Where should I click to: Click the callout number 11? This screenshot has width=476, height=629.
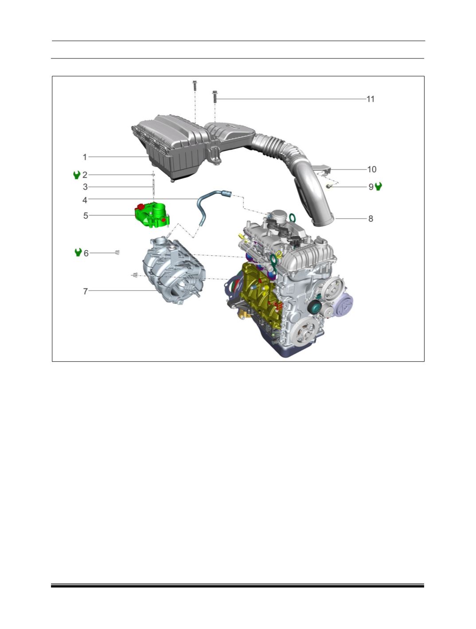click(371, 99)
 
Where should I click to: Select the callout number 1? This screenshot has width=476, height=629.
click(85, 157)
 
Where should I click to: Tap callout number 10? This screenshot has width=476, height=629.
click(372, 170)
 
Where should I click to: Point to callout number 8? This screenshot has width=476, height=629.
click(371, 219)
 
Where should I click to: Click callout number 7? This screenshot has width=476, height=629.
click(85, 291)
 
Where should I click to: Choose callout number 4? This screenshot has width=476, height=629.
click(85, 200)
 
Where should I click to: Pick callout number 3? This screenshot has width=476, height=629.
click(85, 187)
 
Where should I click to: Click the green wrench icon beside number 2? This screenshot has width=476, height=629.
click(77, 175)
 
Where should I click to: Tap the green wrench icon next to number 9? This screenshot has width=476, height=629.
click(378, 186)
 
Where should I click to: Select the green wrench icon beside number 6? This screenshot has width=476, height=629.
click(78, 252)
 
